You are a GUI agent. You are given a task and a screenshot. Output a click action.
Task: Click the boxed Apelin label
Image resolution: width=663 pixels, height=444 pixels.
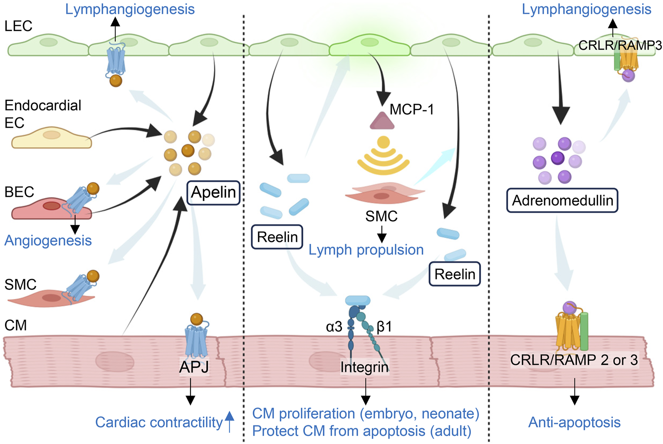(x=213, y=193)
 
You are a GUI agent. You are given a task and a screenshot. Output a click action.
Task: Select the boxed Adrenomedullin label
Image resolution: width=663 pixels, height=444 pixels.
(x=562, y=201)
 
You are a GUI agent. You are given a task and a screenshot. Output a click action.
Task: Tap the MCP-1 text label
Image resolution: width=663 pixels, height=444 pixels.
(x=412, y=109)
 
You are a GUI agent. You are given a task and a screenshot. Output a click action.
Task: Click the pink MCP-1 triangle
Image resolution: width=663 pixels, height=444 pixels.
(x=382, y=121)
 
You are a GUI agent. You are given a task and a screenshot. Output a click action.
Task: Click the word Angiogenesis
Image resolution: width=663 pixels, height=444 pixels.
(x=48, y=241)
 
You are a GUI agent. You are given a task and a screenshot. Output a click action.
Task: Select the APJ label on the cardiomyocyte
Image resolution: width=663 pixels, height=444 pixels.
(x=194, y=367)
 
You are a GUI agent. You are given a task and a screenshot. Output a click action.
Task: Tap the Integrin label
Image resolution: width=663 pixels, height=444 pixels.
(x=364, y=367)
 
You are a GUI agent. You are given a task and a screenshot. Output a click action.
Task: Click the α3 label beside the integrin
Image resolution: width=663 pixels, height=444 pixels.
(x=334, y=327)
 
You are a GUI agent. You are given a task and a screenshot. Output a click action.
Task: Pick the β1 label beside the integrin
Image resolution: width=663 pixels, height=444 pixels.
(x=384, y=327)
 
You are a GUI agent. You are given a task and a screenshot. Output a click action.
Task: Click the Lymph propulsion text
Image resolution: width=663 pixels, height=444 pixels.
(x=366, y=250)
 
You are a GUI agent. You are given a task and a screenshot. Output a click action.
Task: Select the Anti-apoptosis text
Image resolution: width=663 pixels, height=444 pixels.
(x=574, y=422)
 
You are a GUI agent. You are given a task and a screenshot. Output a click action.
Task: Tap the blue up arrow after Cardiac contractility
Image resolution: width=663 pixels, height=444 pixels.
(x=230, y=421)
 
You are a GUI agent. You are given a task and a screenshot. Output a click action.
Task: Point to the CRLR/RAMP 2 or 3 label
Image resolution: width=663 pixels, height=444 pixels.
(x=574, y=360)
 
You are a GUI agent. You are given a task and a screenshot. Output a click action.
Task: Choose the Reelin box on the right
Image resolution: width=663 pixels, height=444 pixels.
(x=455, y=274)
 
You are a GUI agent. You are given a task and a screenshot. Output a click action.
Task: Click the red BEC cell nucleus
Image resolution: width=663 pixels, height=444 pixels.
(x=52, y=206)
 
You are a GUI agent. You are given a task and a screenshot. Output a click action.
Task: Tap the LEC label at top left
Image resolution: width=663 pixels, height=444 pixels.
(x=18, y=26)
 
